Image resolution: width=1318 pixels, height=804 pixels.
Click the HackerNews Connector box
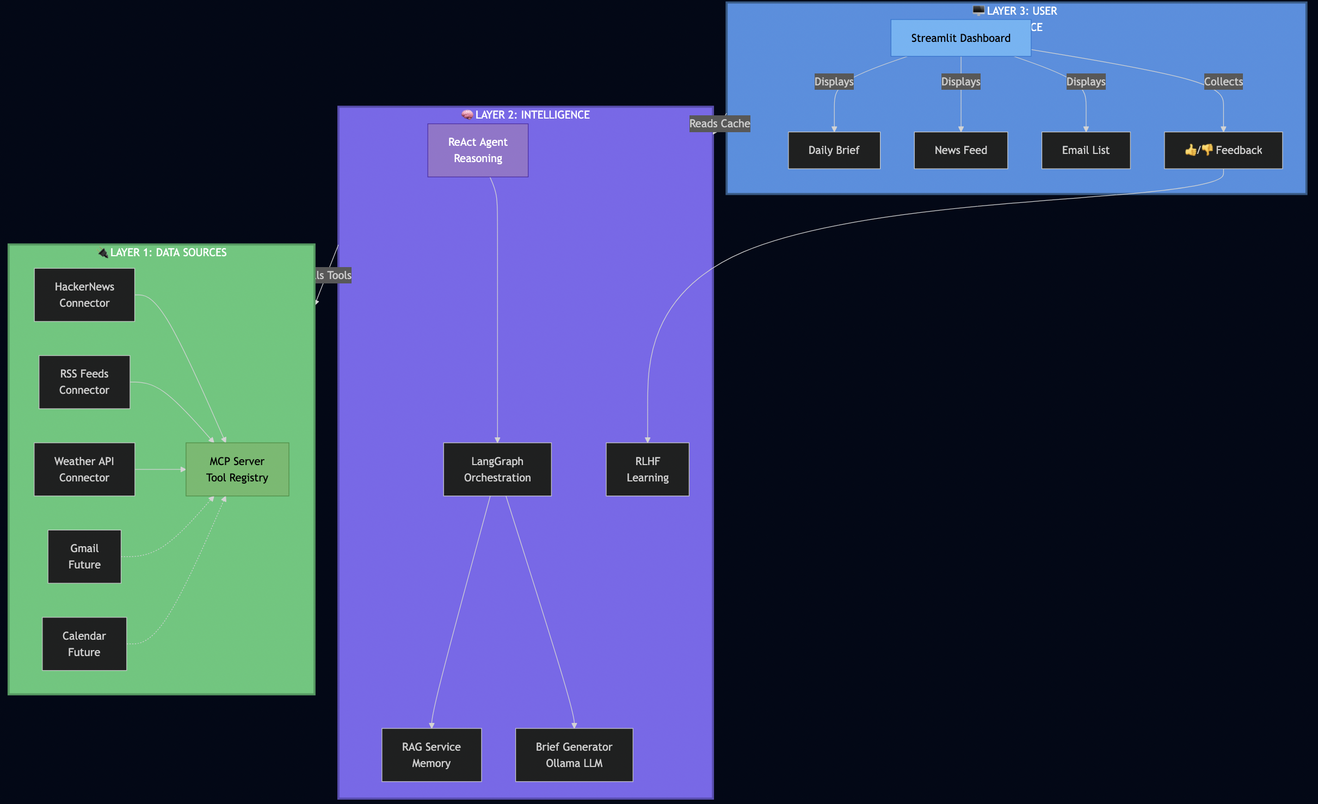(84, 295)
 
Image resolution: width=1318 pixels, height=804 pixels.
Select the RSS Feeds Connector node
(84, 382)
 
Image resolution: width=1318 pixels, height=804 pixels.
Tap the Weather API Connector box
(84, 469)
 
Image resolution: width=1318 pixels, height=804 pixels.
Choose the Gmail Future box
(84, 556)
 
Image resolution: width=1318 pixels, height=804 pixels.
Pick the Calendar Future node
(84, 644)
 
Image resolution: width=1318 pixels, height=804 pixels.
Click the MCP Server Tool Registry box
(237, 469)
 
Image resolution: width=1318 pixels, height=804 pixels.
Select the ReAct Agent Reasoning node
(478, 150)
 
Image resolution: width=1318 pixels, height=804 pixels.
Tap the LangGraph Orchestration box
(497, 469)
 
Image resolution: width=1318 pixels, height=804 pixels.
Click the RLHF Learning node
(648, 469)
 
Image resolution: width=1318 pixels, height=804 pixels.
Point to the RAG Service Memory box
(432, 754)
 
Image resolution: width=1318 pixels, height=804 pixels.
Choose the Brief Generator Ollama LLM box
(574, 754)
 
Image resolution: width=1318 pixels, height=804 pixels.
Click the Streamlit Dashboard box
(960, 38)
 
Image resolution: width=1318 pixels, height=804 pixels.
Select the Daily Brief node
(834, 150)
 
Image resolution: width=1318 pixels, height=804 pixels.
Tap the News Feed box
(960, 150)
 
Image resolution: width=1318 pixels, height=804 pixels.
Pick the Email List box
(1086, 150)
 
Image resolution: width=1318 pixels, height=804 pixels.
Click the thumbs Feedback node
(1223, 150)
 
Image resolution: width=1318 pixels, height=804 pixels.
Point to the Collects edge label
(1223, 82)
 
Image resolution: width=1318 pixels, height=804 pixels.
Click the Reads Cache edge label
(719, 123)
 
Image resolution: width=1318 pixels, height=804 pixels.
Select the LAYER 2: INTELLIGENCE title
(526, 115)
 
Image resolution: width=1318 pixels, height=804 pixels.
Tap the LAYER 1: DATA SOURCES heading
(163, 252)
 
